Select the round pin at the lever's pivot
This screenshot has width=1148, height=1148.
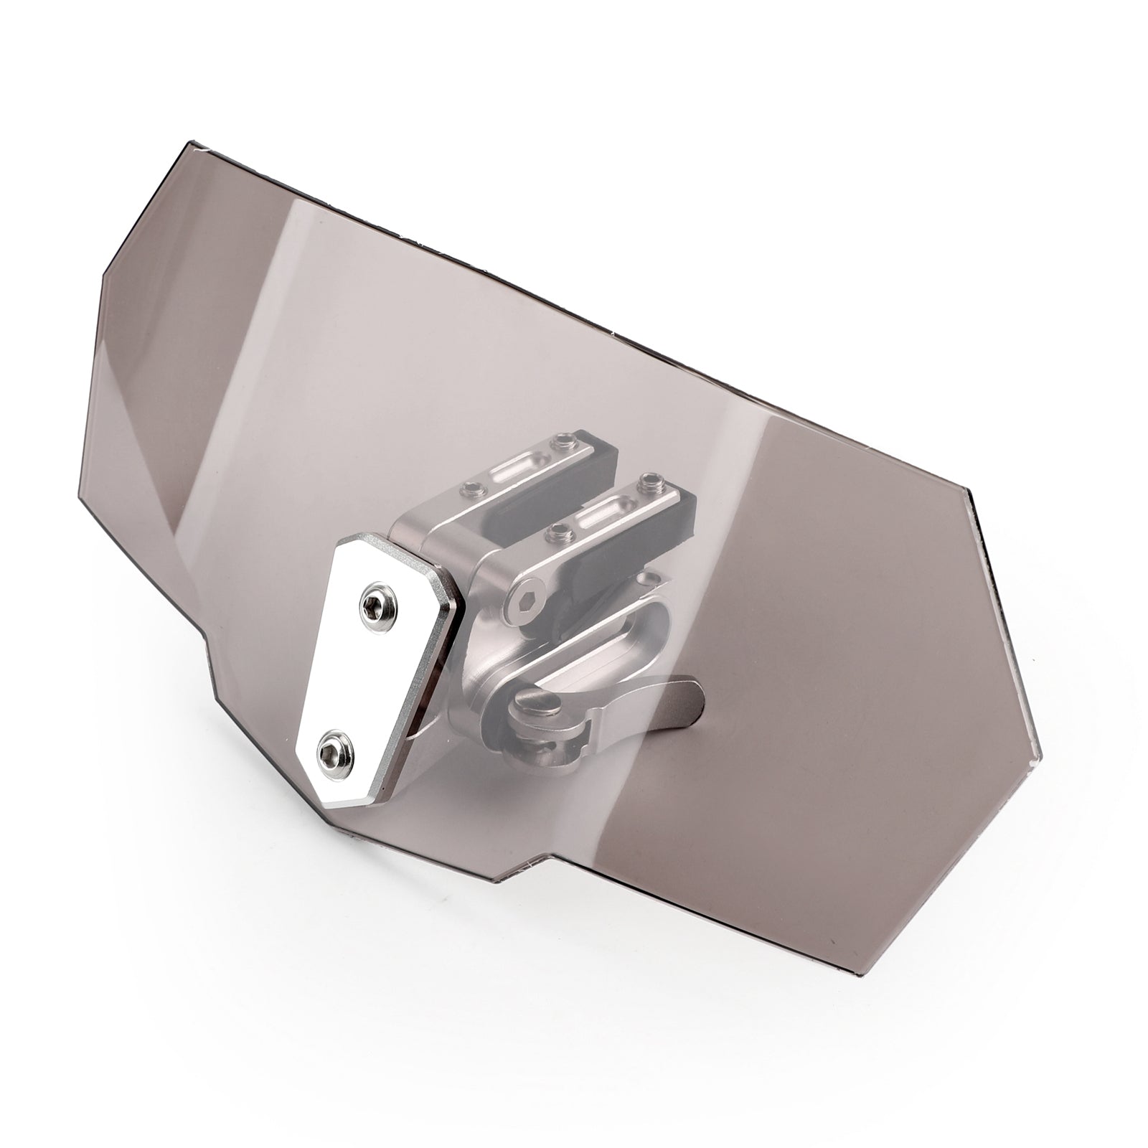(x=540, y=702)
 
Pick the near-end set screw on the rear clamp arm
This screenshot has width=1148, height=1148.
(x=471, y=489)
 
